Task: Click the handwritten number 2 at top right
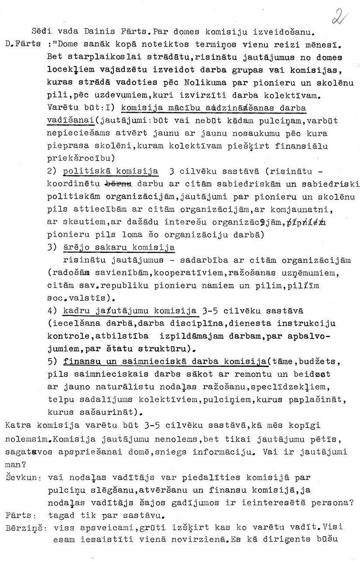point(339,18)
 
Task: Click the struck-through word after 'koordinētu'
point(119,183)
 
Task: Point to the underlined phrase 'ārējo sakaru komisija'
point(119,247)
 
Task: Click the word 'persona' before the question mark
point(330,503)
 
